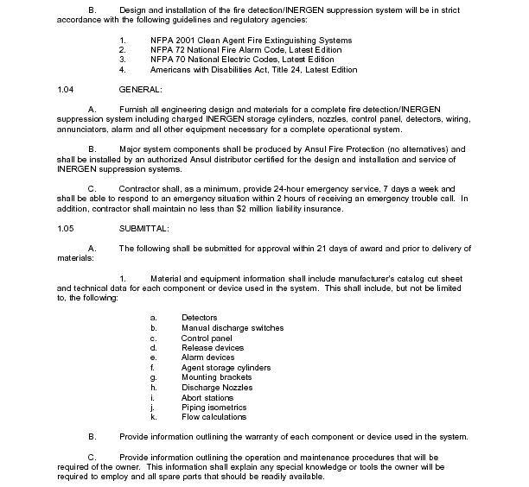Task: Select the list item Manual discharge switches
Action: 233,328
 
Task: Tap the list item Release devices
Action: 213,348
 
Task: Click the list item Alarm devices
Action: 207,357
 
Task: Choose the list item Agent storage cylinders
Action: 225,368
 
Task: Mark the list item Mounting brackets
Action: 216,377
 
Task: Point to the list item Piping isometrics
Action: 214,408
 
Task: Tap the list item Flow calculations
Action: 214,417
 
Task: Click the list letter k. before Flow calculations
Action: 153,417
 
